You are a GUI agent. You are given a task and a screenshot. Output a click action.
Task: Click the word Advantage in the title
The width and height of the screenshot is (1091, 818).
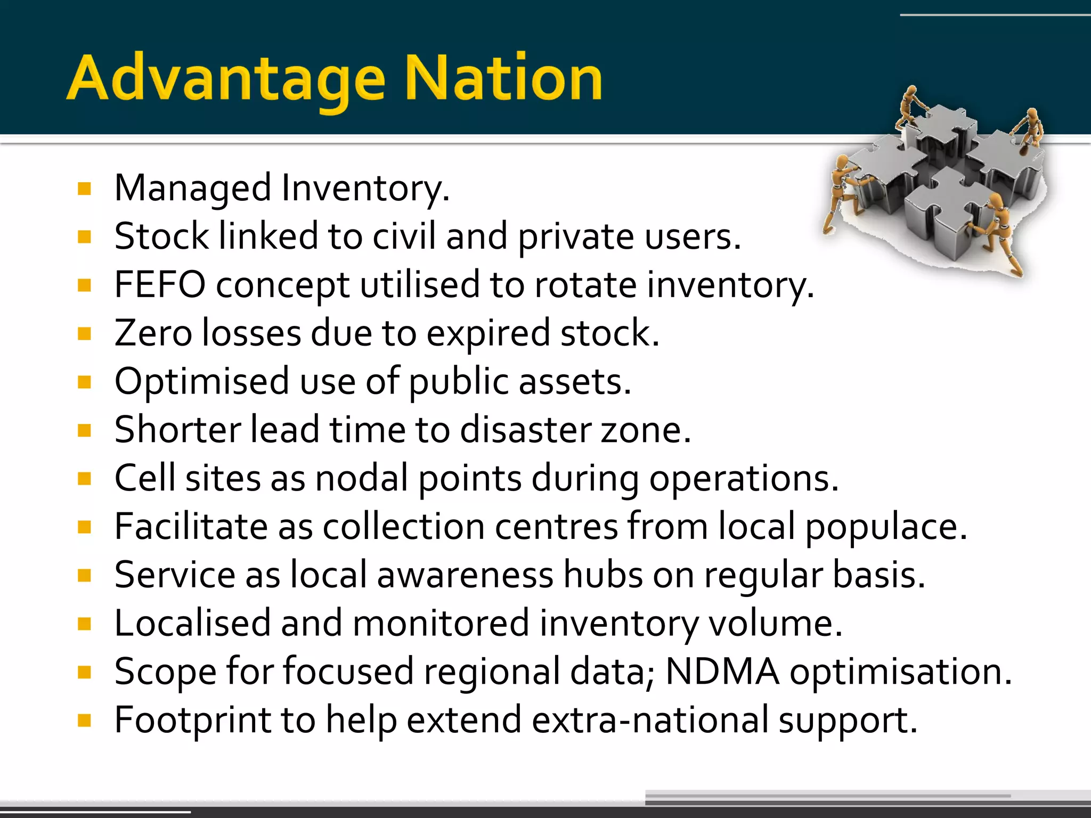(x=226, y=79)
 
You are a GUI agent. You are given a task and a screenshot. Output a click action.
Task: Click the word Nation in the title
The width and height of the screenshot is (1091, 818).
(x=503, y=79)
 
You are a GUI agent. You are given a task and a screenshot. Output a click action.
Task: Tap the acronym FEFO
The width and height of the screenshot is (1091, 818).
(x=160, y=284)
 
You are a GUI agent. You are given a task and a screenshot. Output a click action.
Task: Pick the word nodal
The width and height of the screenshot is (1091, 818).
(x=361, y=478)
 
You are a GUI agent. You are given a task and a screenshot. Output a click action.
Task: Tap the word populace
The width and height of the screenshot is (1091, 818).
(x=885, y=527)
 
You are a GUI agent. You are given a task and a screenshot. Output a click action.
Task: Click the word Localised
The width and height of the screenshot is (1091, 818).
(x=192, y=623)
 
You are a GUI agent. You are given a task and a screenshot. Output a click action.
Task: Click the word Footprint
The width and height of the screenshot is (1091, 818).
(x=192, y=720)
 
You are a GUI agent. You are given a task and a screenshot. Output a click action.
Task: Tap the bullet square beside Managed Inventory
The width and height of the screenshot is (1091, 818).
(x=84, y=189)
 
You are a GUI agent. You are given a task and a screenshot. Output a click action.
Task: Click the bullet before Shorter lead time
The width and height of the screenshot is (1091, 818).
(x=84, y=430)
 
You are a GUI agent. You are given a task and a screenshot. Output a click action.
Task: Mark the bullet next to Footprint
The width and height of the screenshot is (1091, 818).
(x=84, y=721)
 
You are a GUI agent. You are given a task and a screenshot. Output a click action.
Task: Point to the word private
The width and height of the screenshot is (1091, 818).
(x=576, y=236)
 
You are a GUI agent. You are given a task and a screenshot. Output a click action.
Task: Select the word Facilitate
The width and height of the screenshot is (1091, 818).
(x=191, y=527)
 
